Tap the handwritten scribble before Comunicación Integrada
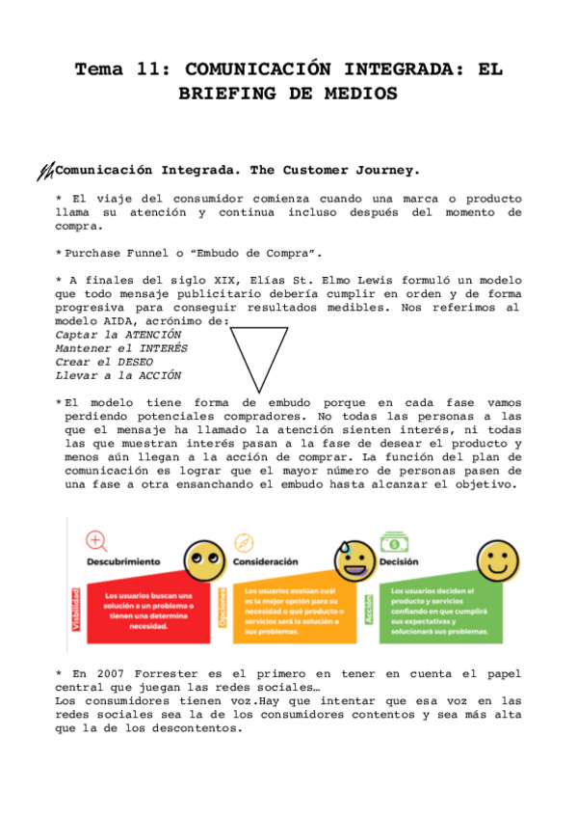44,172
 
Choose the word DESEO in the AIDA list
135,362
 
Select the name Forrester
169,674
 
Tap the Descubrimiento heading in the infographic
123,561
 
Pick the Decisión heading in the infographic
399,560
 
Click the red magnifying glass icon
96,540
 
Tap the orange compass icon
243,542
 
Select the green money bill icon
394,540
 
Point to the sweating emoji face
350,559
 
